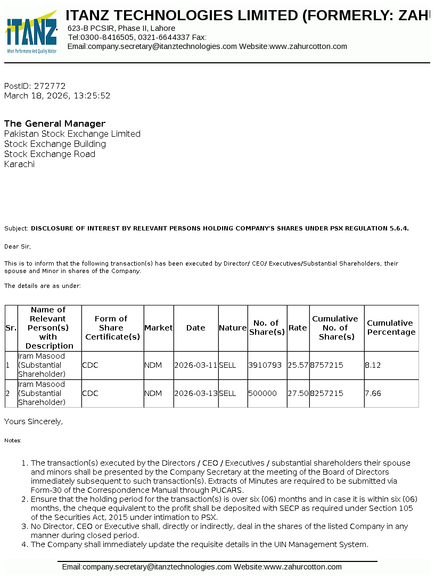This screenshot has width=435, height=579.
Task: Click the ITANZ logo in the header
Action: [x=31, y=32]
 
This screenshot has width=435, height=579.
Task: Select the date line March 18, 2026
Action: [x=57, y=96]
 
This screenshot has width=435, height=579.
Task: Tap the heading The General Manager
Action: [x=55, y=123]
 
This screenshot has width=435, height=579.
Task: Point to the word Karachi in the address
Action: [x=19, y=164]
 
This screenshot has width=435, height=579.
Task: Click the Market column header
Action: [x=159, y=328]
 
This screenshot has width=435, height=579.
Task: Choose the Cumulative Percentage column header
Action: [x=391, y=328]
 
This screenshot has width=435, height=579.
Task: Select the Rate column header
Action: [x=298, y=328]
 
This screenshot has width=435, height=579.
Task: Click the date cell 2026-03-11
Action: [x=196, y=366]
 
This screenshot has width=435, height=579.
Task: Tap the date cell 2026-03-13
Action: [x=196, y=393]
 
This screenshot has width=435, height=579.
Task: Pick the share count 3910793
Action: [x=265, y=366]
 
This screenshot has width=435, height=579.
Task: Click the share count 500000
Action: [x=262, y=393]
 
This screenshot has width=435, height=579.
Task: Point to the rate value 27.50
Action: [x=298, y=393]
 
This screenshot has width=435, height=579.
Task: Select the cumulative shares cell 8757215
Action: [x=326, y=366]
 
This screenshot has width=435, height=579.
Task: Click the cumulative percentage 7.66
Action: [x=373, y=393]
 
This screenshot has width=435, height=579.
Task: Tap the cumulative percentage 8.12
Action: [x=373, y=366]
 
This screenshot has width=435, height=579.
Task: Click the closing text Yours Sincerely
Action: [x=34, y=421]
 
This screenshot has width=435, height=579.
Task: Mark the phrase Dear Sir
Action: [x=18, y=246]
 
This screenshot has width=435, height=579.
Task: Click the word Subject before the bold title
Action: [x=16, y=228]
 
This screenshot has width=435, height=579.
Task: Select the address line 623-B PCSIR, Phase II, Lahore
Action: [x=121, y=28]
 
